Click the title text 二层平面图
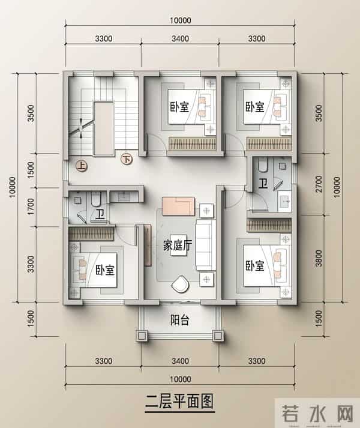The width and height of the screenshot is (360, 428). pyautogui.click(x=180, y=400)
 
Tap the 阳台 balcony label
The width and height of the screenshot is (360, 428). pyautogui.click(x=180, y=321)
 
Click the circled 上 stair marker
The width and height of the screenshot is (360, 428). pyautogui.click(x=79, y=163)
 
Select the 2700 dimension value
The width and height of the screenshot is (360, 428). pyautogui.click(x=318, y=185)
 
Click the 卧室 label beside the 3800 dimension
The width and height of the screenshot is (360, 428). pyautogui.click(x=254, y=265)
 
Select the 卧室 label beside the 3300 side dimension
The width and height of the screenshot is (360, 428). pyautogui.click(x=105, y=270)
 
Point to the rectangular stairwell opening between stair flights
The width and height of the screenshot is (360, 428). pyautogui.click(x=104, y=128)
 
